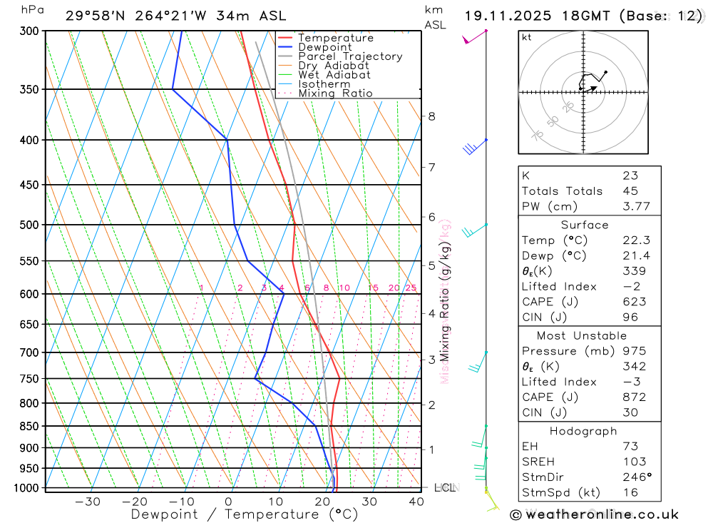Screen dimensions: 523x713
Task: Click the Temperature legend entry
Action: [x=335, y=38]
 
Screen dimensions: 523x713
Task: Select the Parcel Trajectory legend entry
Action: [x=349, y=56]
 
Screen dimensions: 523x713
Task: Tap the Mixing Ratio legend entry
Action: [x=335, y=93]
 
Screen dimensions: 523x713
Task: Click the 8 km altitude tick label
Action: [x=431, y=116]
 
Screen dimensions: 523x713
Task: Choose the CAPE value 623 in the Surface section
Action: [x=631, y=302]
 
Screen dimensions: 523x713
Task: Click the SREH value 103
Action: [x=634, y=462]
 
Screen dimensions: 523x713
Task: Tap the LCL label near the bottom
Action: [x=444, y=488]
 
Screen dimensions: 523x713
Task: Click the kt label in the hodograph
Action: [x=526, y=38]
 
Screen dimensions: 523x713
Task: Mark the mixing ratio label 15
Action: [x=373, y=288]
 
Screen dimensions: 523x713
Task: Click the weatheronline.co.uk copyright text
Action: [x=594, y=514]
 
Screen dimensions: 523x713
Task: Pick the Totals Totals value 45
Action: [x=630, y=191]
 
